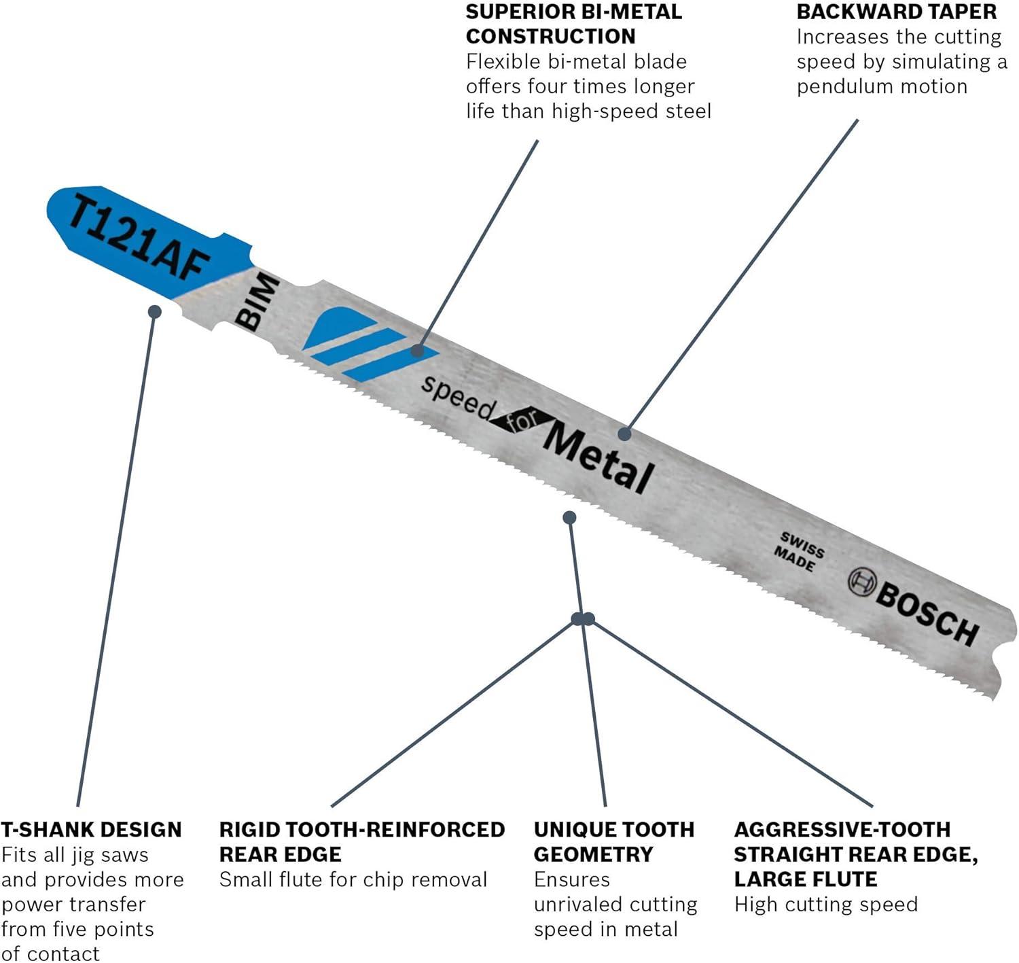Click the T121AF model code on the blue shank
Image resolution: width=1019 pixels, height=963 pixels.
[x=139, y=237]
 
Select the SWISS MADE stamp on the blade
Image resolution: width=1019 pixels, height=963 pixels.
[x=799, y=552]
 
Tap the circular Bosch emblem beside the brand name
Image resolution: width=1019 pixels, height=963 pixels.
[x=861, y=582]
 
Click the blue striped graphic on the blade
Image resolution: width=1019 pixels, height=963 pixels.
[x=370, y=345]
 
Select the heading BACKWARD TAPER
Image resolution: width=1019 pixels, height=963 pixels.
[x=896, y=12]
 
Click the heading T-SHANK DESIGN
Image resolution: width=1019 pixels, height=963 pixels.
[x=91, y=830]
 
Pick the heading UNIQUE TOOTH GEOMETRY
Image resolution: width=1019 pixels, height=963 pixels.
[x=614, y=842]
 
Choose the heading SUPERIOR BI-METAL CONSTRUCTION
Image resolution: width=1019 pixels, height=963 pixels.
[x=574, y=24]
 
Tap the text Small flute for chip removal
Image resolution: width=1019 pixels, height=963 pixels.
[x=353, y=879]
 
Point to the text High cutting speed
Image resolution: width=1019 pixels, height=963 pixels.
[x=826, y=904]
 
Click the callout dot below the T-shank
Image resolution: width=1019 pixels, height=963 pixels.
[x=154, y=311]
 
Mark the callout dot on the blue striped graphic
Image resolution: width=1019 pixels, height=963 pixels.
[x=418, y=351]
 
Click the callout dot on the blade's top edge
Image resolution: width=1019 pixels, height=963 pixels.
[x=624, y=434]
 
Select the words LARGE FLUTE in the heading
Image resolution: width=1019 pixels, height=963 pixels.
[x=806, y=879]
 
